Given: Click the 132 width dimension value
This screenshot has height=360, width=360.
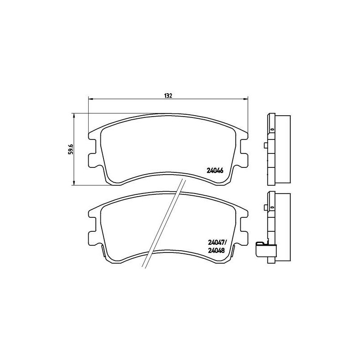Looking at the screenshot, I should click(168, 96).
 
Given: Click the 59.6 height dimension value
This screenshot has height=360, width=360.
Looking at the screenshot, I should click(70, 148).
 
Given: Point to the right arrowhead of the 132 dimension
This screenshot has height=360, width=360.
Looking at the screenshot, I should click(246, 99).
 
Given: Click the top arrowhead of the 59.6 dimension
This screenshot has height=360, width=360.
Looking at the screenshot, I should click(74, 114).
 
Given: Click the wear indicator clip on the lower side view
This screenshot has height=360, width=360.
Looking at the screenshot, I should click(261, 249).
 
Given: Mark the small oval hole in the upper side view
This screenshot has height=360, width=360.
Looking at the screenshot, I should click(272, 130).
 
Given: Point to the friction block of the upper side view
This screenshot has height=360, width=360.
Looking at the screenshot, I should click(283, 148).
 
